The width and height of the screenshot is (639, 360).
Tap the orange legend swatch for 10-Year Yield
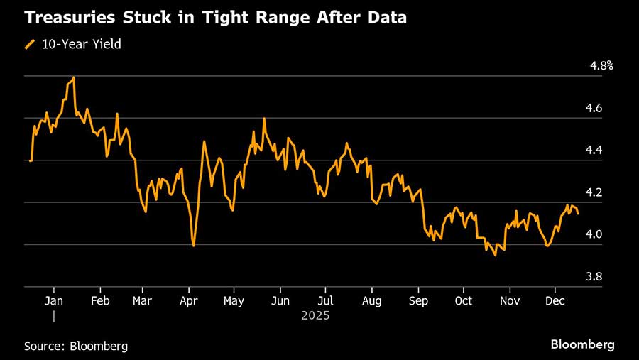click(x=29, y=44)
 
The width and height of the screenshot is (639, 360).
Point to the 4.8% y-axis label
click(x=601, y=66)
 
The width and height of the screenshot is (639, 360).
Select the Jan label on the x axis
click(x=54, y=300)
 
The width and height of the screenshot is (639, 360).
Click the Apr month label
click(x=189, y=300)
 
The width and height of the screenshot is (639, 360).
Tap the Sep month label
click(x=418, y=300)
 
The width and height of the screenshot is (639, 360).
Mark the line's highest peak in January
click(x=74, y=77)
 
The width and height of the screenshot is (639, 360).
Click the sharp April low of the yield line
click(x=193, y=246)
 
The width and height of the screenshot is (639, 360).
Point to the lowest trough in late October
click(x=495, y=255)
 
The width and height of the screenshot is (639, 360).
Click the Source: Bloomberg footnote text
click(x=76, y=346)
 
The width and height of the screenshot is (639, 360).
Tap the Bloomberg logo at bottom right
click(x=582, y=344)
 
